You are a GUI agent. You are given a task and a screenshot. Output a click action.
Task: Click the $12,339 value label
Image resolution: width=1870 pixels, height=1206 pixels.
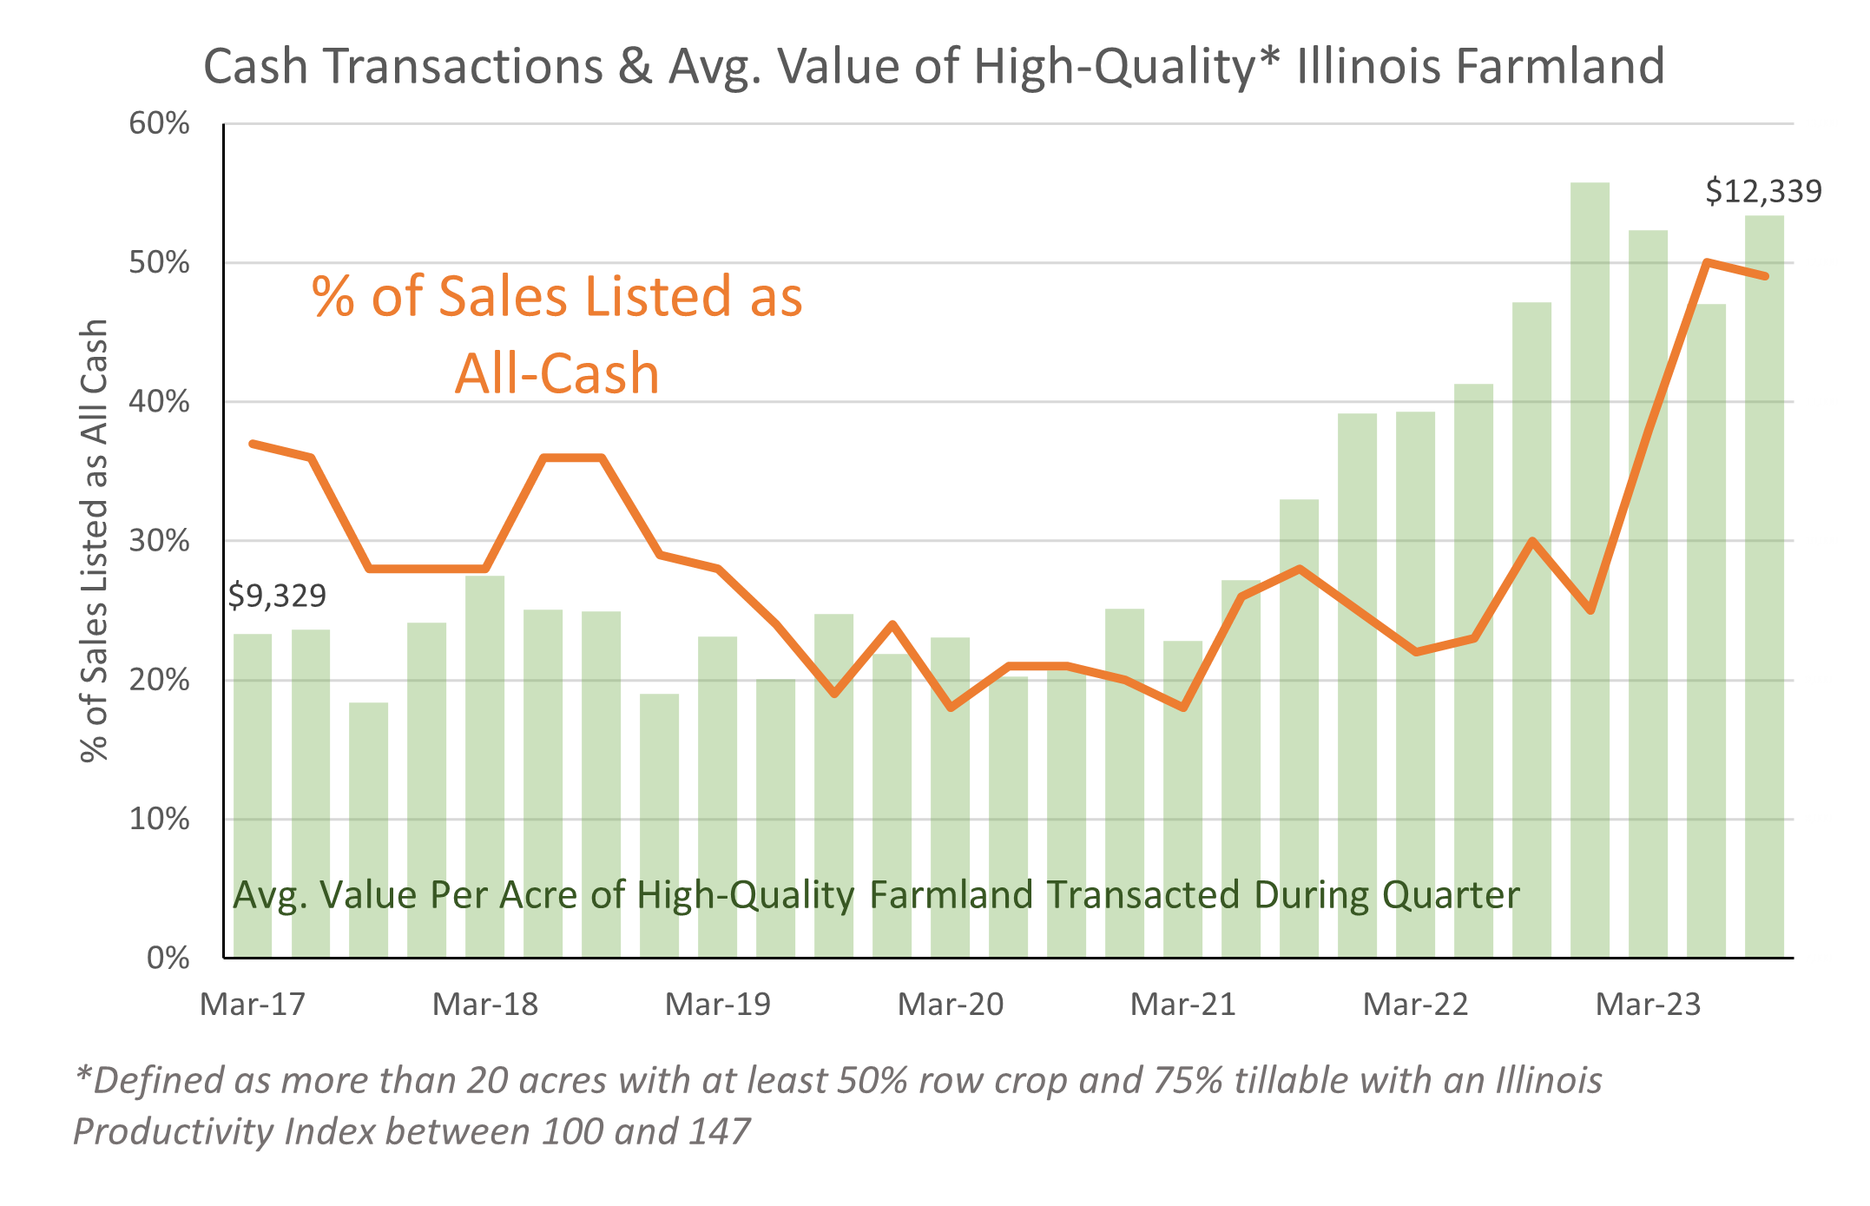pos(1762,191)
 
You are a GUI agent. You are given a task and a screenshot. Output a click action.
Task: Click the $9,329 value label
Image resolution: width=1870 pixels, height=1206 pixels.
pos(277,596)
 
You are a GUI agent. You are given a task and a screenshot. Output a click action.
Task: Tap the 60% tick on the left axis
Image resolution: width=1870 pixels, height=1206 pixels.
pos(160,123)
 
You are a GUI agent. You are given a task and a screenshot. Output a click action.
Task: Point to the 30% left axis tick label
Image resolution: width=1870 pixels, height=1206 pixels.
pos(160,541)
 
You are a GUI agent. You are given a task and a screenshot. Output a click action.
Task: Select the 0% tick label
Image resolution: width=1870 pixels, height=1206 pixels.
pos(168,958)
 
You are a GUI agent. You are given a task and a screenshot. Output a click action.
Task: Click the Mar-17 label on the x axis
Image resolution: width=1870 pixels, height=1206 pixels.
pos(253,1005)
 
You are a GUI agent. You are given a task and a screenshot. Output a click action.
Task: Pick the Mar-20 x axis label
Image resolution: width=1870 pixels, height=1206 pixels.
pos(951,1005)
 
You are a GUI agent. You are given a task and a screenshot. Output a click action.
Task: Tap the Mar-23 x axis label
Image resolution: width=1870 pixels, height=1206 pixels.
pos(1649,1005)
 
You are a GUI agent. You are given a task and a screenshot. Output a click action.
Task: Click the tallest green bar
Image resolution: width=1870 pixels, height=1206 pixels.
pos(1590,564)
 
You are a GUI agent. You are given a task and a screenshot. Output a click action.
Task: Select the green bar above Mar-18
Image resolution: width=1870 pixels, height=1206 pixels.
pos(485,764)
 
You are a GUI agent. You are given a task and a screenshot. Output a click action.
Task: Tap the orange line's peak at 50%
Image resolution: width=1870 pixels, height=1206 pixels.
pos(1707,261)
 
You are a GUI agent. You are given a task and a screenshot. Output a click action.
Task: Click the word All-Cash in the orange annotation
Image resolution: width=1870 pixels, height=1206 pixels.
pos(557,373)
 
